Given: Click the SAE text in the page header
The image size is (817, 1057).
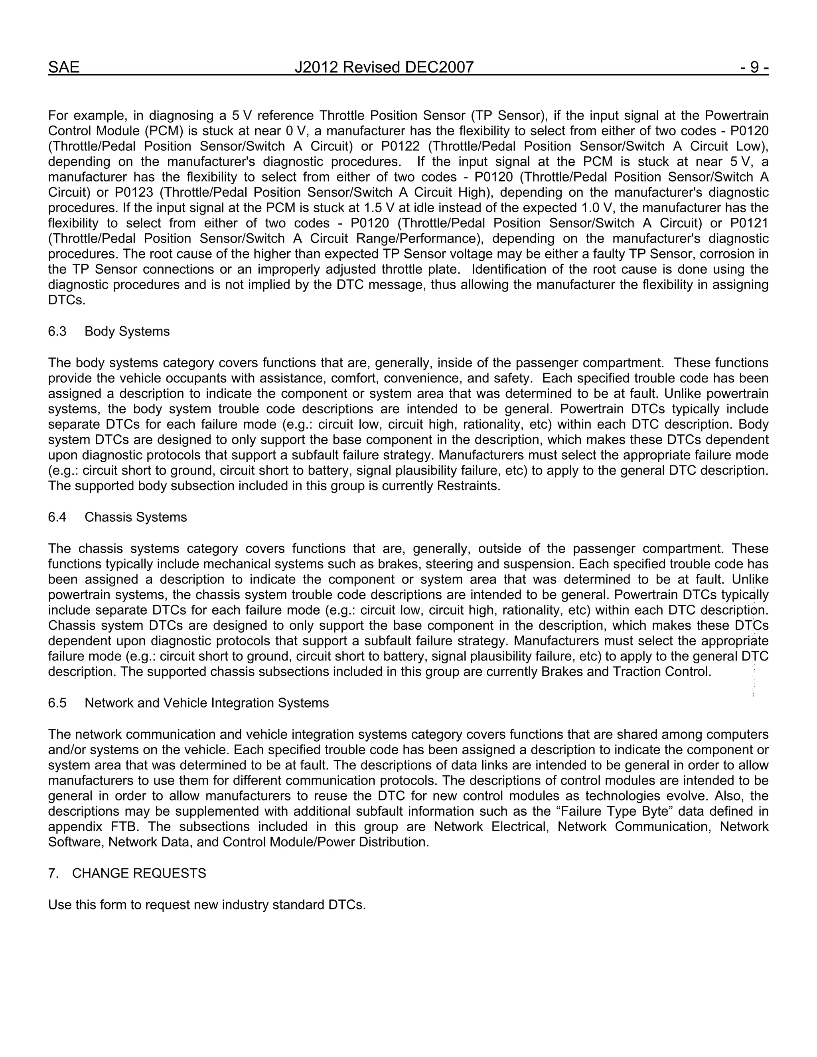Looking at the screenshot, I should click(x=63, y=67).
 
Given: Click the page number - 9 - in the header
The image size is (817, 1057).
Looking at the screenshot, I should click(x=754, y=67).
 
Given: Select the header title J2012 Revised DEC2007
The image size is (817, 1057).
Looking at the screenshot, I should click(x=384, y=67).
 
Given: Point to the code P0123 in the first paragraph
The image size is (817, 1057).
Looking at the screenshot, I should click(x=134, y=193).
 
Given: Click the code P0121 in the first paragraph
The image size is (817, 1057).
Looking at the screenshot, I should click(x=749, y=223).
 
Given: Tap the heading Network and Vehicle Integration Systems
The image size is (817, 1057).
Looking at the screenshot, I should click(x=207, y=703).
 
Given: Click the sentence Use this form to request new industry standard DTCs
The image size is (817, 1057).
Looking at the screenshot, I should click(x=207, y=905).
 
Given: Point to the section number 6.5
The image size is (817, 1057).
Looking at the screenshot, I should click(x=57, y=703).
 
